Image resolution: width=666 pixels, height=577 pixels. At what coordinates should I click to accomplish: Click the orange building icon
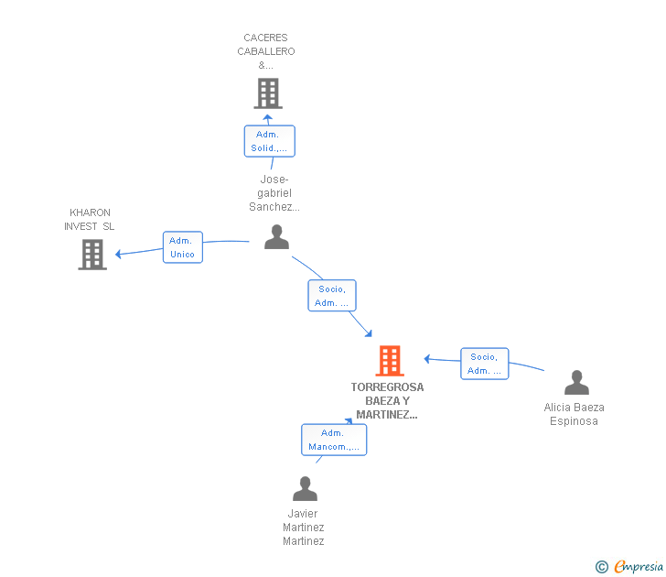pos(390,361)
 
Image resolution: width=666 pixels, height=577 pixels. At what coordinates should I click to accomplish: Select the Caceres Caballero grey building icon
pos(267,93)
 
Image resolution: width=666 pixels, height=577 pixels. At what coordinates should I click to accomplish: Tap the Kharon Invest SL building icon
pos(92,255)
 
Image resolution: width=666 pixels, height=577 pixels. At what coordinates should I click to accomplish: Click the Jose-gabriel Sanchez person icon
pos(276,237)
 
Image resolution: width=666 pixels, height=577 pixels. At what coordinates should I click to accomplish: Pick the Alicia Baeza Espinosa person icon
pos(576,382)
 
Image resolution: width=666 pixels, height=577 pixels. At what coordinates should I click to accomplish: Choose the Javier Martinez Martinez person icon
pos(305,489)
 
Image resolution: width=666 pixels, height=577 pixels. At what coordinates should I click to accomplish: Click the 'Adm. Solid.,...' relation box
pos(269,141)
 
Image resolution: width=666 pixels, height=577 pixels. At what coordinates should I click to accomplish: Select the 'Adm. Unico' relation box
pos(182,247)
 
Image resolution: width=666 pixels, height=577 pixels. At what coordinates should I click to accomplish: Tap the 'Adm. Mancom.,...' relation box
pos(334,440)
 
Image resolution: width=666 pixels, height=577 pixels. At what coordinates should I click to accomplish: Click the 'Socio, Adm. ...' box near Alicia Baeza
pos(484,364)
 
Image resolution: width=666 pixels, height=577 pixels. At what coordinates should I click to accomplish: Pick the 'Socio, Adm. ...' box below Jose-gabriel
pos(331,296)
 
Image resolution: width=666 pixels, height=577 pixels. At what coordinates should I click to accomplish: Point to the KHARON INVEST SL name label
pos(90,220)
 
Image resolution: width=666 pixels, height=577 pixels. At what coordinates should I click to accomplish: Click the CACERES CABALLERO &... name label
pos(266,51)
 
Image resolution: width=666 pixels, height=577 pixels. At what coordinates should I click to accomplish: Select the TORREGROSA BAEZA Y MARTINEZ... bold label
pos(387,400)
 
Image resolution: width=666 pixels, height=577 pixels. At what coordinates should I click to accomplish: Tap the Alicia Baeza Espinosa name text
pos(574,414)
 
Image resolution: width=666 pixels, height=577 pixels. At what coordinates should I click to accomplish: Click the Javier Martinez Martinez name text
pos(304,527)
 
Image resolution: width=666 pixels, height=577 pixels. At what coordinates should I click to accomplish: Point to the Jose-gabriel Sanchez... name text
pos(274,192)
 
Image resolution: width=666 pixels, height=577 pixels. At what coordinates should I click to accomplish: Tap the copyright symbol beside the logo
pos(602,567)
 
